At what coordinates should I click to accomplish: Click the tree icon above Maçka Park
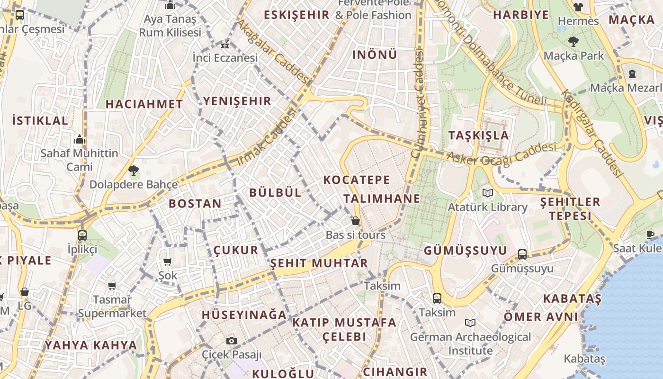click(573, 42)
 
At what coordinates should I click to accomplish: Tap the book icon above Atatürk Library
click(487, 193)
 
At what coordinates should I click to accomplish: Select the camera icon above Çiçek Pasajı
click(231, 341)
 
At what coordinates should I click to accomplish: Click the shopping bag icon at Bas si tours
click(355, 221)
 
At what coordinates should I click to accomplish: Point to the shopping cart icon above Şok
click(167, 262)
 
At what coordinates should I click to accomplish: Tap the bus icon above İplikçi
click(82, 235)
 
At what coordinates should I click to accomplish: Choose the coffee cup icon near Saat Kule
click(650, 235)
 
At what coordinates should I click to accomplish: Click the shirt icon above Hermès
click(578, 7)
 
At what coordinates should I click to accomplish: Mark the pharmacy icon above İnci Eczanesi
click(225, 45)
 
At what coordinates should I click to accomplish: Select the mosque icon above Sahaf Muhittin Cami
click(80, 139)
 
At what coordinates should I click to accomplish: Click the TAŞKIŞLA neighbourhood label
click(478, 135)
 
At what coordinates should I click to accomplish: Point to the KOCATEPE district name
click(357, 180)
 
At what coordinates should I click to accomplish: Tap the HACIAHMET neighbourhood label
click(144, 104)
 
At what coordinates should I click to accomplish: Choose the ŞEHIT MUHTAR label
click(319, 263)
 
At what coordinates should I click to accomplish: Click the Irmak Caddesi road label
click(266, 137)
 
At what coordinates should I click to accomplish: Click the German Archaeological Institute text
click(470, 344)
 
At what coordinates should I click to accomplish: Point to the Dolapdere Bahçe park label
click(134, 184)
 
